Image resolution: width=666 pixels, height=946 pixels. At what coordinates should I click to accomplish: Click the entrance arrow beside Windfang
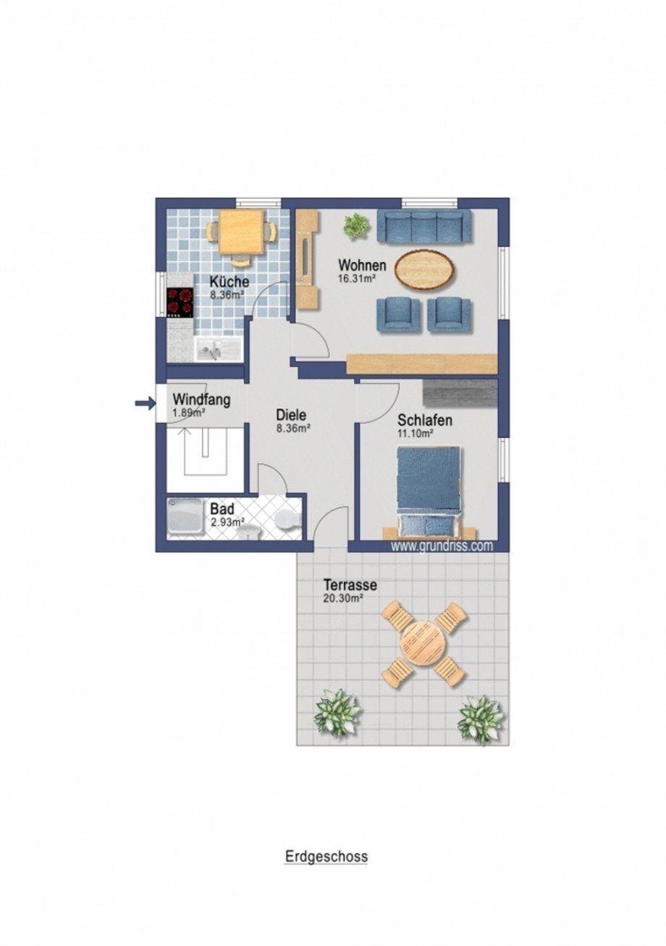[x=145, y=403]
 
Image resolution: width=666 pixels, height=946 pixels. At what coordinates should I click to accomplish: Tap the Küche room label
[x=229, y=281]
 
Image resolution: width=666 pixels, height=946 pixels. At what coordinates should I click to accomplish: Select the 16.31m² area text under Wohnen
[x=358, y=277]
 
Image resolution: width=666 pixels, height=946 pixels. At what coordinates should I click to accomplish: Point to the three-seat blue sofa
[x=423, y=227]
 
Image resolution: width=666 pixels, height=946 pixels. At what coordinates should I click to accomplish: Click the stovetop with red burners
[x=180, y=302]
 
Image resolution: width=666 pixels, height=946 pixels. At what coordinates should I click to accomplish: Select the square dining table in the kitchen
[x=241, y=233]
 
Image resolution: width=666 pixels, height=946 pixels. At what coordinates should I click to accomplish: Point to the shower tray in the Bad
[x=186, y=519]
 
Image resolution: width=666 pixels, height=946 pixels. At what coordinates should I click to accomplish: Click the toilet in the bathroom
[x=287, y=517]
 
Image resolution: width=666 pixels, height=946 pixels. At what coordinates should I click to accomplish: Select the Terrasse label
[x=350, y=586]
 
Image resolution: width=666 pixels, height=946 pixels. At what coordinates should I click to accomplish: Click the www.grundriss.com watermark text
[x=442, y=546]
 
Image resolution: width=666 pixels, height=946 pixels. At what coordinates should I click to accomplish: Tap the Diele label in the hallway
[x=291, y=415]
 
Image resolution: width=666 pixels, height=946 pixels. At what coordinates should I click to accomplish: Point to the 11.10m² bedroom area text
[x=416, y=433]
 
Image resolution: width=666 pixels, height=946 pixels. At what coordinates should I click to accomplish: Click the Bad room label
[x=222, y=509]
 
